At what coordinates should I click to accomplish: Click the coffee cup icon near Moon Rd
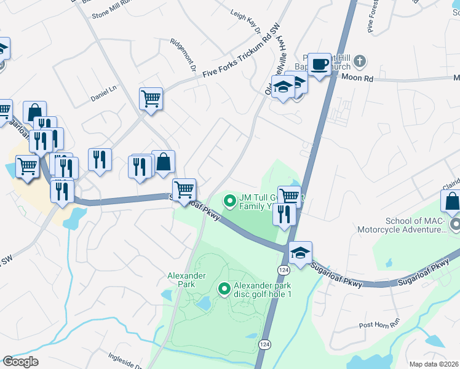[319, 65]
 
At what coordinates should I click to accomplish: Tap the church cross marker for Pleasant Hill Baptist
[360, 61]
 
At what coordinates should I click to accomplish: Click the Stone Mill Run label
[113, 13]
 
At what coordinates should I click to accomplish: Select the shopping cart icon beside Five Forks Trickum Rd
[151, 98]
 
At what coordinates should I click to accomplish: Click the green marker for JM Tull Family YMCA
[229, 200]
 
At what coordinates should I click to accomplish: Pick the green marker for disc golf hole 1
[224, 287]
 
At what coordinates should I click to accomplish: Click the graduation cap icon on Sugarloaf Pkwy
[300, 253]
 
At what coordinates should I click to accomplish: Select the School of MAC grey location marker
[454, 226]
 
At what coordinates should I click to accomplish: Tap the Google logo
[20, 362]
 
